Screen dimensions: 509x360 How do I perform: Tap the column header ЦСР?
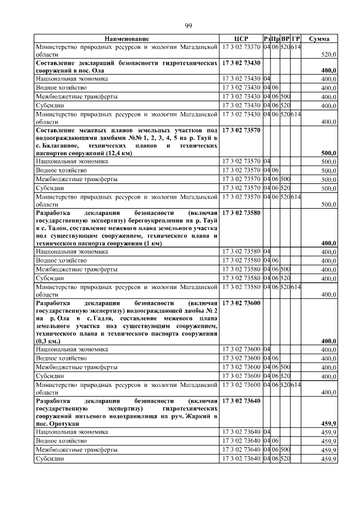(241, 39)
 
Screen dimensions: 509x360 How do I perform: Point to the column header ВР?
(286, 39)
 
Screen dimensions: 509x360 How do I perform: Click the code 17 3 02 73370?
(241, 47)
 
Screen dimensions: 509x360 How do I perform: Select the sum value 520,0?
(328, 55)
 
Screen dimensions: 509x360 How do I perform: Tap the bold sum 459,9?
(328, 423)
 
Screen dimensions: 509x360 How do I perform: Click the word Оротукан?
(62, 423)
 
